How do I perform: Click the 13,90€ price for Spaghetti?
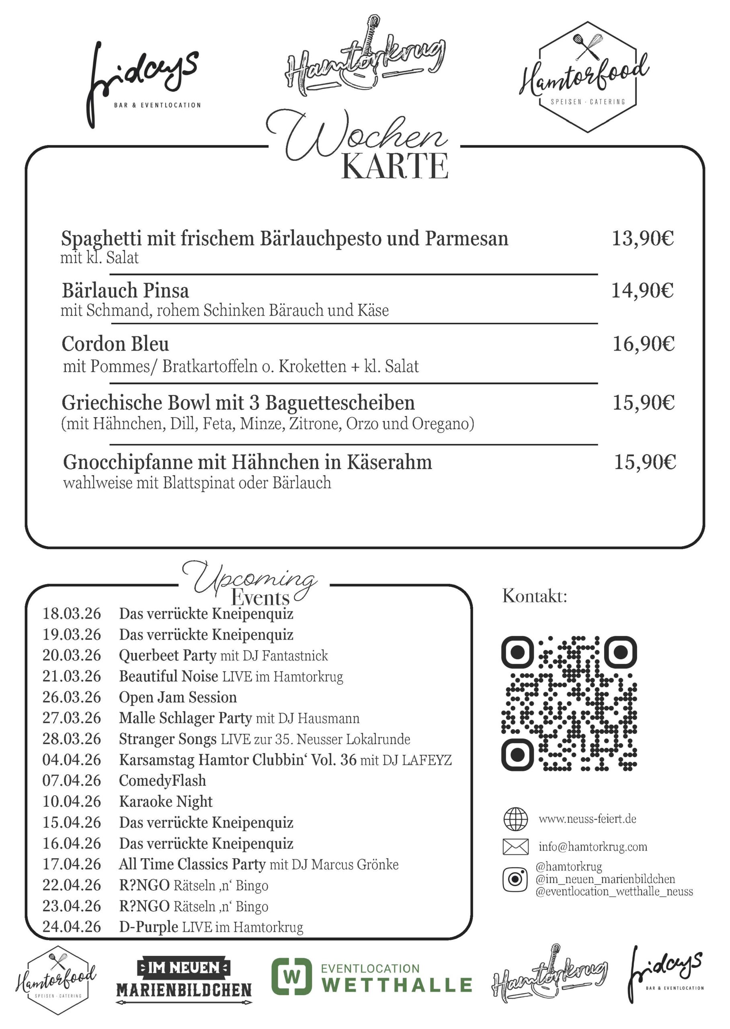tap(642, 238)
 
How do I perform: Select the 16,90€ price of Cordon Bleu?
tap(643, 344)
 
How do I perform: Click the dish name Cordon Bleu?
tap(115, 344)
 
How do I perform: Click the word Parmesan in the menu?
tap(467, 239)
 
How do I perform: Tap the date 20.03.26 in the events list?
tap(72, 656)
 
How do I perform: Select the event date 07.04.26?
tap(72, 781)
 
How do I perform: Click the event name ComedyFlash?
tap(162, 781)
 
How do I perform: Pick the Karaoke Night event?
tap(166, 801)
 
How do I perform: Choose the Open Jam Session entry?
tap(178, 697)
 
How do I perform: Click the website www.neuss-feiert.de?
tap(587, 819)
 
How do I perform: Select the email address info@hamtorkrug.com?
tap(593, 847)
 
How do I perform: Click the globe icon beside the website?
tap(515, 819)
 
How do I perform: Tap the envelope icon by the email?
tap(515, 847)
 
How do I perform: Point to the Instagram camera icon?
tap(515, 879)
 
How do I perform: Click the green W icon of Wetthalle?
tap(292, 976)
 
